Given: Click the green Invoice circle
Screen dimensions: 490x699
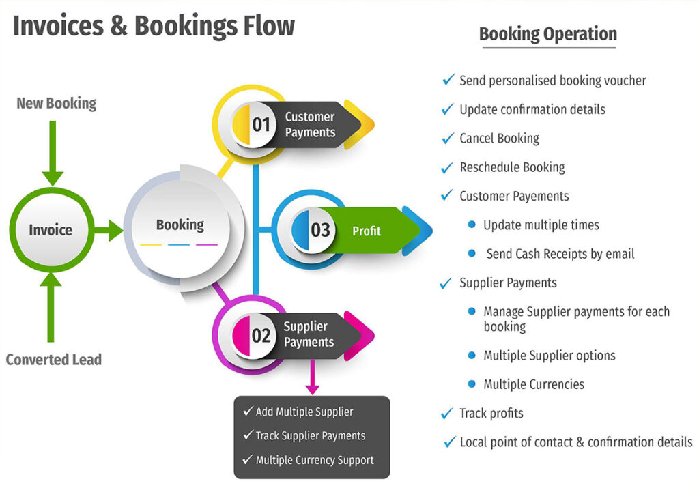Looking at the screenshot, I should pyautogui.click(x=51, y=230).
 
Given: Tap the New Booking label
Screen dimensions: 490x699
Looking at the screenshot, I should pyautogui.click(x=57, y=104).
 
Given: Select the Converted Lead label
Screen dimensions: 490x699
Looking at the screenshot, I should pyautogui.click(x=54, y=359).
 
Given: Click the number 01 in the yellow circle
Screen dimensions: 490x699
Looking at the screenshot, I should pyautogui.click(x=261, y=124).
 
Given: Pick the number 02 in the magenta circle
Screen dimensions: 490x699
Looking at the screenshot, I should pyautogui.click(x=261, y=334).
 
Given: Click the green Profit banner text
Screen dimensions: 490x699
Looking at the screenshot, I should pyautogui.click(x=366, y=231).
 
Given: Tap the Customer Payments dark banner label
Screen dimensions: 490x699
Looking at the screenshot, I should pyautogui.click(x=310, y=124).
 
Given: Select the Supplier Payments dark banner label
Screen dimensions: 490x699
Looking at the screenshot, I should pyautogui.click(x=309, y=334).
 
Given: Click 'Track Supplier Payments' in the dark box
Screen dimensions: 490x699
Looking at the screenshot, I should pyautogui.click(x=310, y=435).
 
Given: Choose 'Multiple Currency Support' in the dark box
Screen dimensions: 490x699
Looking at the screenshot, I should pyautogui.click(x=314, y=460).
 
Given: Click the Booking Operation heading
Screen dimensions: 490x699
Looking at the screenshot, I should pyautogui.click(x=547, y=34).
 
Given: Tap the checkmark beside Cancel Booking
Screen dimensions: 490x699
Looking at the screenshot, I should pyautogui.click(x=448, y=139).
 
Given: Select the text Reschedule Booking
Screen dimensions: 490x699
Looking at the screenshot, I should pyautogui.click(x=512, y=167).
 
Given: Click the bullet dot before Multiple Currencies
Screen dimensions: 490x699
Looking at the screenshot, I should pyautogui.click(x=472, y=384).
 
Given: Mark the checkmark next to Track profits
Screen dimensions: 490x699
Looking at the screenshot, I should pyautogui.click(x=448, y=413).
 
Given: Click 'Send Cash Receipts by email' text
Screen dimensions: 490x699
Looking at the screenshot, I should pyautogui.click(x=560, y=254).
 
